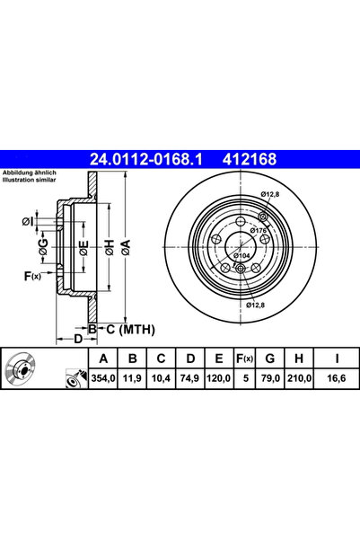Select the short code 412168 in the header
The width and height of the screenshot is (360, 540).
pyautogui.click(x=243, y=160)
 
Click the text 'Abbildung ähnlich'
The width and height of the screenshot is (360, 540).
pyautogui.click(x=31, y=172)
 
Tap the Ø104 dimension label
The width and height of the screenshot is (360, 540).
pyautogui.click(x=241, y=256)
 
